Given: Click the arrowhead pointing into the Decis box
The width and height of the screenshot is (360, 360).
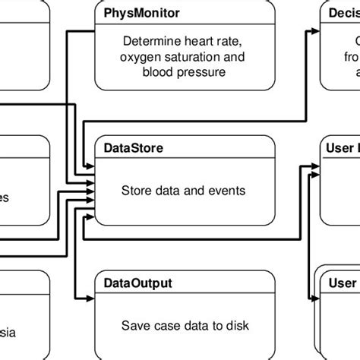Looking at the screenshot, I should (314, 31).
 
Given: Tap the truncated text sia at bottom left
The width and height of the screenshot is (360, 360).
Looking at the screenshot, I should (8, 332).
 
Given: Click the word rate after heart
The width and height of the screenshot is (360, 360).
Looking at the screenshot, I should (226, 42).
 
